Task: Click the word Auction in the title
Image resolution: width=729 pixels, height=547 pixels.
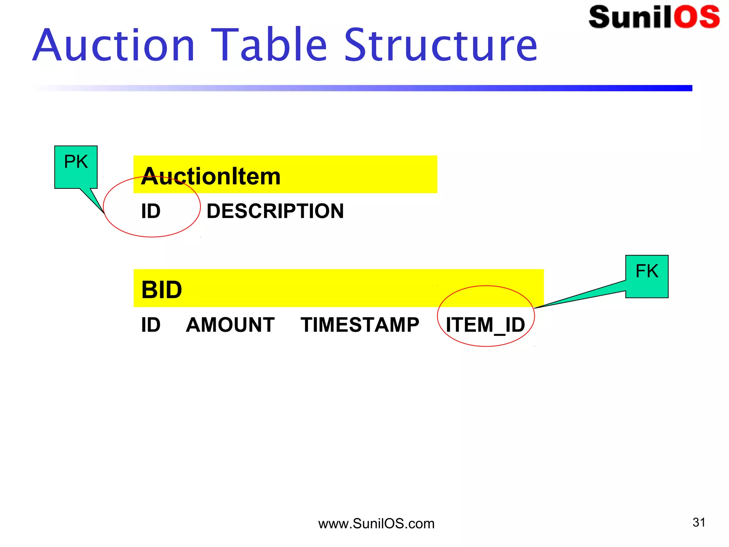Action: point(114,46)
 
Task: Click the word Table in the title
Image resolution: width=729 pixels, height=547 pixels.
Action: point(269,45)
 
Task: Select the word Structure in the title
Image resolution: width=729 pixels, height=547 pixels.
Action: point(441,46)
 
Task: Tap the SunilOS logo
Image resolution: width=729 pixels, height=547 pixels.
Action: point(654,17)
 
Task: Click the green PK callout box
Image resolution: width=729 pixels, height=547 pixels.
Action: point(76,167)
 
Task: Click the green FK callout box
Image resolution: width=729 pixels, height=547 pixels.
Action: point(647,277)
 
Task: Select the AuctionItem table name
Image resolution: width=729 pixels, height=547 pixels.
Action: point(211,176)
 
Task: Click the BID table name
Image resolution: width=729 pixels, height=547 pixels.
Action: point(162,290)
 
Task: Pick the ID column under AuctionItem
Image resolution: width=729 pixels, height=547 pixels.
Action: point(151,211)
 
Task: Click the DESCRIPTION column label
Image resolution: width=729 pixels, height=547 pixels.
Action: point(275,211)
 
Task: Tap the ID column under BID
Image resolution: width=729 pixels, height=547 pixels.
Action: point(151,325)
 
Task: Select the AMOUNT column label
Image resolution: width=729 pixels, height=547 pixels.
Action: point(230,325)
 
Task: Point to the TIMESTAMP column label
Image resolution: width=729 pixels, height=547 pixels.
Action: point(360,325)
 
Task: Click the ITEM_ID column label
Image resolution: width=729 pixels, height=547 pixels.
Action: point(486,325)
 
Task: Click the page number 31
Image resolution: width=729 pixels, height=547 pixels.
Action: point(699,522)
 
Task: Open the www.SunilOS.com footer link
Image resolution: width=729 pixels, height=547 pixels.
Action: point(376,524)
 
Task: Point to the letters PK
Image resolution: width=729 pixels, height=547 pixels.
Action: point(76,162)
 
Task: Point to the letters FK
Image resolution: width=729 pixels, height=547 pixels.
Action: point(647,271)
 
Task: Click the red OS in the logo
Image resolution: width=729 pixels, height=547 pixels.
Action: point(696,17)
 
